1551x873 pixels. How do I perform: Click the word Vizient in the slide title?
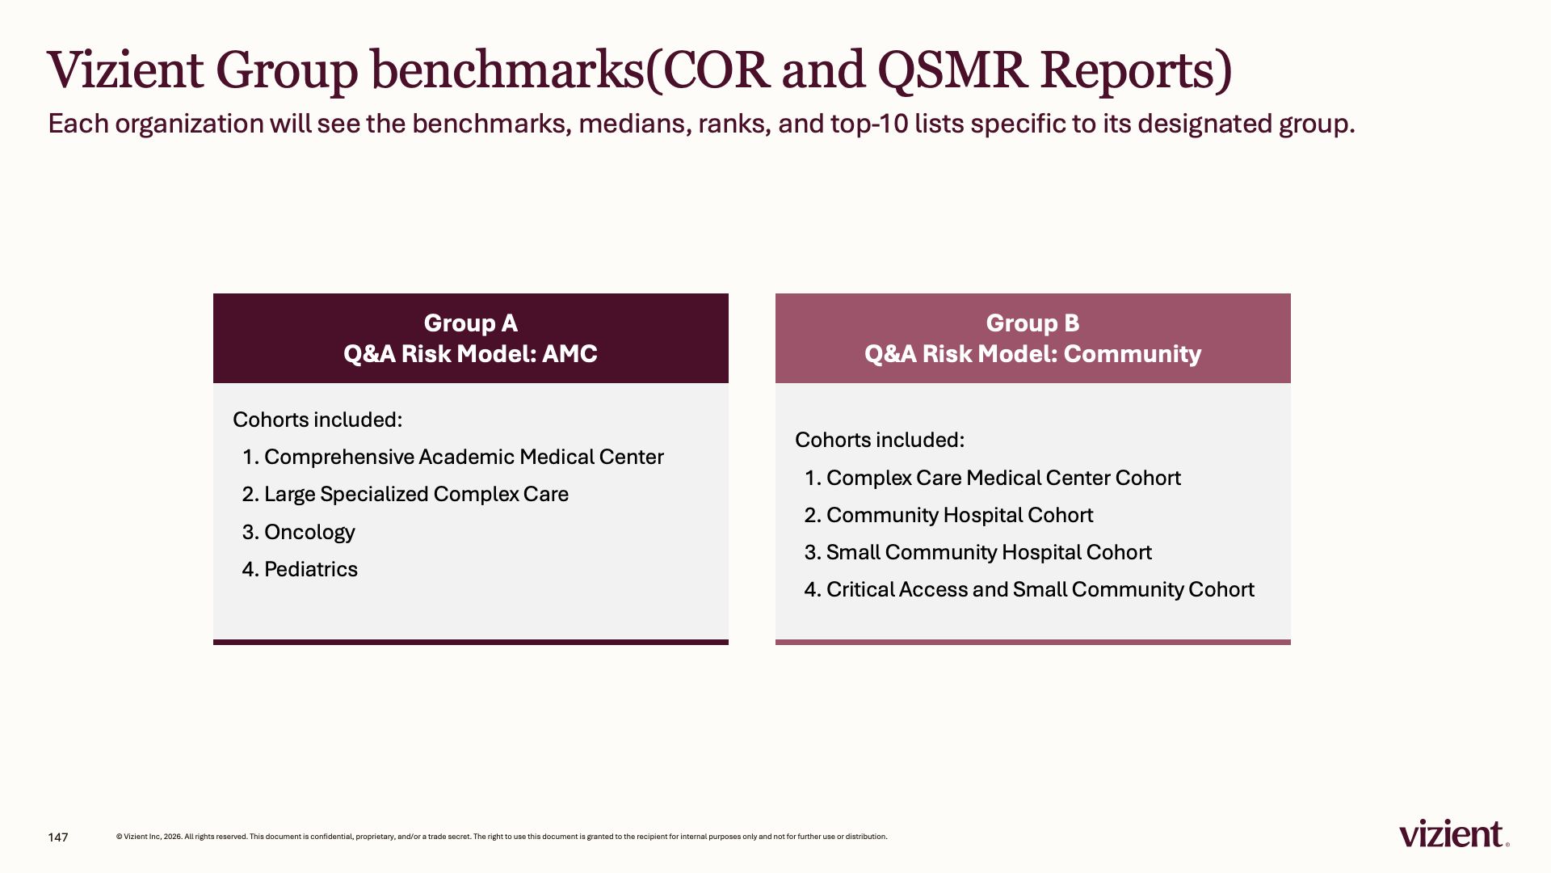(x=125, y=70)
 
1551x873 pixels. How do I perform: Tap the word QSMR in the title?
(x=952, y=70)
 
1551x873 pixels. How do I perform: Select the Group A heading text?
(x=471, y=323)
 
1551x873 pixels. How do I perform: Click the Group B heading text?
(x=1032, y=323)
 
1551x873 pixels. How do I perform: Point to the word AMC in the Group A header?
(x=570, y=354)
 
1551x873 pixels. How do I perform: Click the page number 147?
(x=58, y=837)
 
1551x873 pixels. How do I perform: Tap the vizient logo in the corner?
(x=1454, y=833)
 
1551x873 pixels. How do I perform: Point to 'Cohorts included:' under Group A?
(x=317, y=420)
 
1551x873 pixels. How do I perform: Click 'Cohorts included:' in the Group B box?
(x=880, y=440)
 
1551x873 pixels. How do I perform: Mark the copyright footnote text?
(x=502, y=837)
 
